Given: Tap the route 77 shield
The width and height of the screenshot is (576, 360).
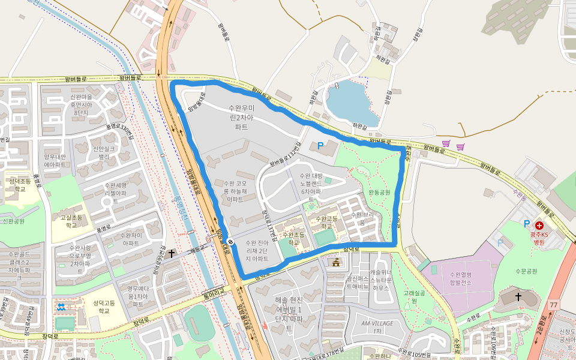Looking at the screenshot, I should pyautogui.click(x=553, y=305).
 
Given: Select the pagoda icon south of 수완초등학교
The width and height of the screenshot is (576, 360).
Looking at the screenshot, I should pyautogui.click(x=335, y=262).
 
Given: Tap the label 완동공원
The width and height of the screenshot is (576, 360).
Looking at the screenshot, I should pyautogui.click(x=379, y=192).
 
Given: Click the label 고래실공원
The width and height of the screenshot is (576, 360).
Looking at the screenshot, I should pyautogui.click(x=415, y=296).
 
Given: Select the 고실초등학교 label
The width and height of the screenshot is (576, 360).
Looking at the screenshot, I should pyautogui.click(x=71, y=221).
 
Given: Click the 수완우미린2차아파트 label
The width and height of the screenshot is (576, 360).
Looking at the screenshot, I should pyautogui.click(x=241, y=117).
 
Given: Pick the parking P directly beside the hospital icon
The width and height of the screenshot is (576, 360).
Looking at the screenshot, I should pyautogui.click(x=527, y=224).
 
